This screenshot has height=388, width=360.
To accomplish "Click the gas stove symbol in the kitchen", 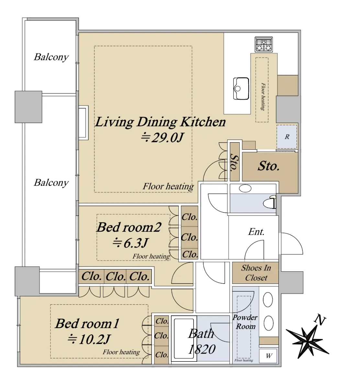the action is pyautogui.click(x=264, y=44).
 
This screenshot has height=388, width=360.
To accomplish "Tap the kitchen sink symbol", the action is pyautogui.click(x=241, y=89).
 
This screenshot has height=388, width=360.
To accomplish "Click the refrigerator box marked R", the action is pyautogui.click(x=287, y=137).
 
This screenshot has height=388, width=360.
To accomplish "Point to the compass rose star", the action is pyautogui.click(x=307, y=341).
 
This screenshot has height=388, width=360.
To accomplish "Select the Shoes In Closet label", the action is pyautogui.click(x=256, y=273).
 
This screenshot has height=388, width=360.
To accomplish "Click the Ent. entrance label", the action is pyautogui.click(x=256, y=232).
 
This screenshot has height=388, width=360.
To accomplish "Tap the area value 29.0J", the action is pyautogui.click(x=162, y=138).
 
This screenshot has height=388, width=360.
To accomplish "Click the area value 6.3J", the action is pyautogui.click(x=130, y=243).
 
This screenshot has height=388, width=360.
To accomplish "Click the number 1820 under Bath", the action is pyautogui.click(x=202, y=349).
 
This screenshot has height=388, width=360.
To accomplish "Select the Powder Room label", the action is pyautogui.click(x=245, y=322).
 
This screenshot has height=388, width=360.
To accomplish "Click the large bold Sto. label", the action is pyautogui.click(x=268, y=166).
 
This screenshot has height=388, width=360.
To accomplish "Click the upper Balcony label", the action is pyautogui.click(x=51, y=57).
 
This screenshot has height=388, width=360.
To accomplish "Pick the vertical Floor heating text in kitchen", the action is pyautogui.click(x=263, y=96).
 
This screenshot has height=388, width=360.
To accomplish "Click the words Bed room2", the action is pyautogui.click(x=129, y=227).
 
